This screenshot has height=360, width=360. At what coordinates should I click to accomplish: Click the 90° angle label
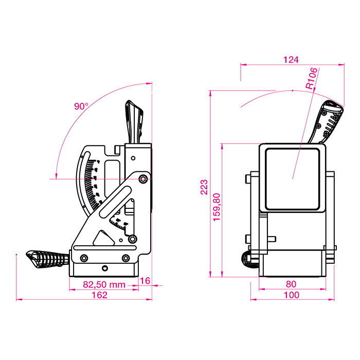point(81,106)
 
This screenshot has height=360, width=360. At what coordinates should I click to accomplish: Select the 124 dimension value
point(291,60)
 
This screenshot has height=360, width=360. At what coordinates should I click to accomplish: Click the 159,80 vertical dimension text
point(216,207)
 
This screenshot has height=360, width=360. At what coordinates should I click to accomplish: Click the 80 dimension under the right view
point(291,284)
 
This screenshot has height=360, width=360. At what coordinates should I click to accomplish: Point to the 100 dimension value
point(291,295)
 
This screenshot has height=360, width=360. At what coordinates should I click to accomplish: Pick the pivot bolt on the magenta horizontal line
point(142,178)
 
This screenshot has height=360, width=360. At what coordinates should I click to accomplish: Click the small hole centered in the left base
point(105,268)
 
